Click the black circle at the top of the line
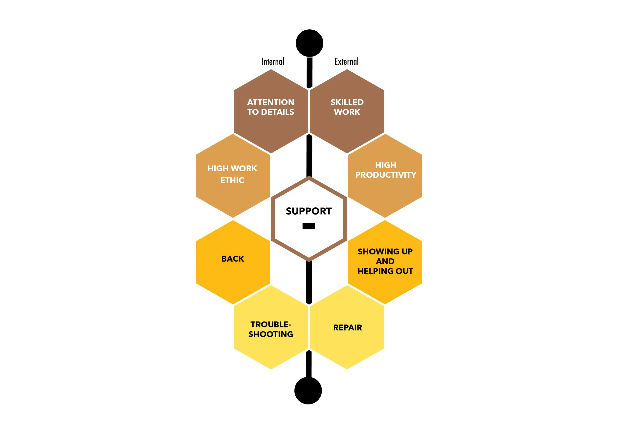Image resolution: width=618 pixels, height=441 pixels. coord(309,43)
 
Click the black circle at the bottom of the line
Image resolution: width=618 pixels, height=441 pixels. coord(308,390)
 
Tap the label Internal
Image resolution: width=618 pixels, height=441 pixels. coord(273,61)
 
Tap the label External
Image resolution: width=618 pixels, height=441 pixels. coord(346,61)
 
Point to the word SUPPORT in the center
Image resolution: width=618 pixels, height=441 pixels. coord(309,211)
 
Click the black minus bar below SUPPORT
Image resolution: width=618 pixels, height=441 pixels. coord(309,226)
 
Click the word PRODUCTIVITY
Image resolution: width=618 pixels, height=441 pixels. coord(386,175)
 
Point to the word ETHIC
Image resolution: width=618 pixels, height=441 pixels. coord(232,180)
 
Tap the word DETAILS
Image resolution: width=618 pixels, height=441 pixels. coord(277,112)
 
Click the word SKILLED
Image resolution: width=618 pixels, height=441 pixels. coord(347,102)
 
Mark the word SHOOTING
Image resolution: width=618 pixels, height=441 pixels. coord(270,334)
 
